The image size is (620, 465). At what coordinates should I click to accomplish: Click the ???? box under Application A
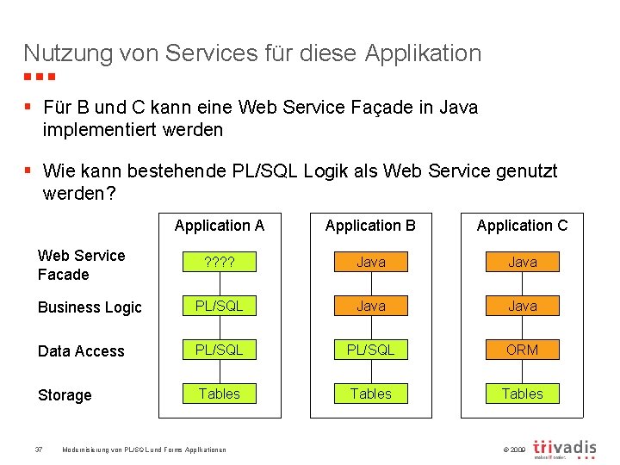[220, 262]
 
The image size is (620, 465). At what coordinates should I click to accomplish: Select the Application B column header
[370, 226]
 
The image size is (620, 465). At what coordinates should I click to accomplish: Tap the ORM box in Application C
[522, 350]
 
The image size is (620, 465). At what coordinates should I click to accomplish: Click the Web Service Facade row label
[81, 265]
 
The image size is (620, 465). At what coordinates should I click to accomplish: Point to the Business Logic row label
[90, 307]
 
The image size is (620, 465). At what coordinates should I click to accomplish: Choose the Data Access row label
[81, 351]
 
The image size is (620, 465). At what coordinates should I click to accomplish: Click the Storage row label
[65, 395]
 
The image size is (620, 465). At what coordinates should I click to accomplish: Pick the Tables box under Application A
[220, 394]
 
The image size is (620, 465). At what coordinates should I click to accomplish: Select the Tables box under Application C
[522, 394]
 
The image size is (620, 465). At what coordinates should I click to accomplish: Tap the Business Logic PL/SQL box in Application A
[220, 306]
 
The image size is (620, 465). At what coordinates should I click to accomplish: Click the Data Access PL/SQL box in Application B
[370, 350]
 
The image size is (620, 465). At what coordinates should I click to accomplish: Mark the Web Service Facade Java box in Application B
[370, 262]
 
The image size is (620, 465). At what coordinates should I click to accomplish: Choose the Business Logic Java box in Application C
[522, 306]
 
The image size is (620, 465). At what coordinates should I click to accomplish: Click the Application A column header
[220, 226]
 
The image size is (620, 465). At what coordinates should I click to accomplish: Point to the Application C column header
[522, 226]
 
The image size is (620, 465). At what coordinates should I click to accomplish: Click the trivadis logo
[565, 449]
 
